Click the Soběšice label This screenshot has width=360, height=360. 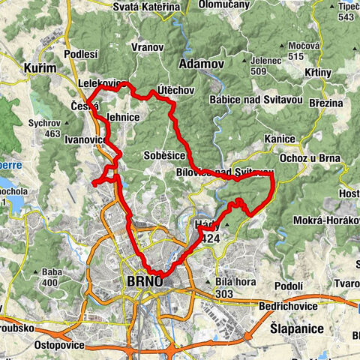(164, 155)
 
